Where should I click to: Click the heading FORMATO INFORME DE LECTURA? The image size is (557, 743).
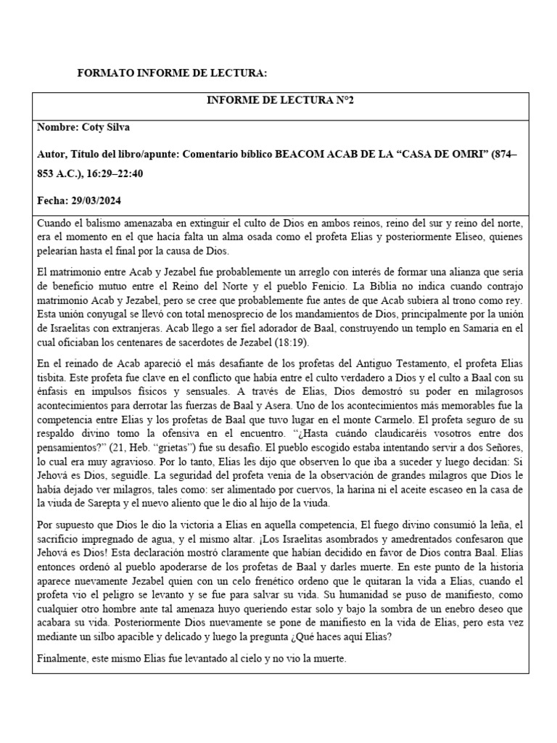[172, 74]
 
